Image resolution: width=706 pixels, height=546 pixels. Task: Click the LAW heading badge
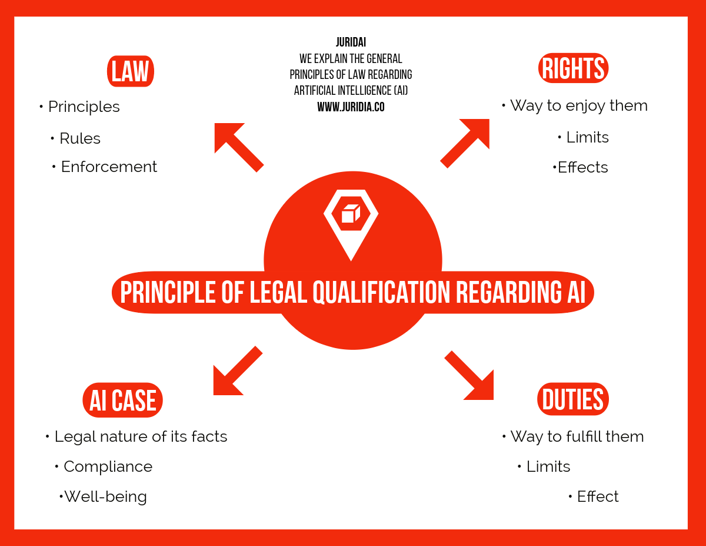pyautogui.click(x=131, y=71)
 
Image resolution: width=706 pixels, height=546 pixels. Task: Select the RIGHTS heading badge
pyautogui.click(x=573, y=68)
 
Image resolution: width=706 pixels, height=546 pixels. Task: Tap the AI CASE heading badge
pyautogui.click(x=122, y=401)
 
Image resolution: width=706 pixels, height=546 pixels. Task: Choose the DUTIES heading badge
pyautogui.click(x=573, y=399)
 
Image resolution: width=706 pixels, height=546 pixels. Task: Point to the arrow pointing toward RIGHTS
pyautogui.click(x=467, y=141)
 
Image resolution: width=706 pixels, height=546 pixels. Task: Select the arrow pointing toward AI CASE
pyautogui.click(x=236, y=372)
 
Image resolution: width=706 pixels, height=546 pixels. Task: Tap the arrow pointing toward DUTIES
pyautogui.click(x=470, y=376)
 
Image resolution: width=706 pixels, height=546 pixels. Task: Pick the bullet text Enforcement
pyautogui.click(x=109, y=167)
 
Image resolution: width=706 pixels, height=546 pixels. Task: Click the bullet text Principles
pyautogui.click(x=84, y=107)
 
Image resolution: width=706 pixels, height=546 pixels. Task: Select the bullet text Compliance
pyautogui.click(x=108, y=466)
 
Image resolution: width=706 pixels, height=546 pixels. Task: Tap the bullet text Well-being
pyautogui.click(x=105, y=497)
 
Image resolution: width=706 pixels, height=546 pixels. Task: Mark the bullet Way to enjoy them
pyautogui.click(x=578, y=105)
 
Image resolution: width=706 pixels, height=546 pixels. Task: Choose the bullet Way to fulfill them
pyautogui.click(x=577, y=436)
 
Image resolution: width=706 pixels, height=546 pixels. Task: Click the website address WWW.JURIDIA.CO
pyautogui.click(x=351, y=107)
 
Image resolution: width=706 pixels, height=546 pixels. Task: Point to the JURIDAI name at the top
pyautogui.click(x=351, y=42)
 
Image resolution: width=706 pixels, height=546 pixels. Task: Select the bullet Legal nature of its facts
pyautogui.click(x=141, y=436)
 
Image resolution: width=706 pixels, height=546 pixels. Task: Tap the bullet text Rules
pyautogui.click(x=80, y=138)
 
